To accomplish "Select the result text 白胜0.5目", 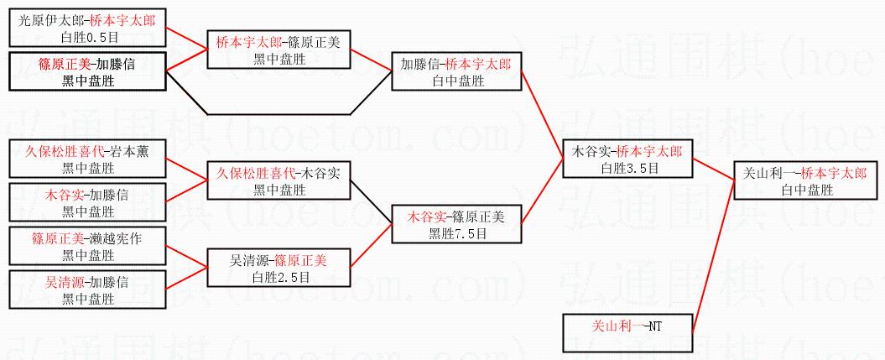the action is click(88, 36).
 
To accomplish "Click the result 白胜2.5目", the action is click(279, 276).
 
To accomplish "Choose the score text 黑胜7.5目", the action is click(458, 233).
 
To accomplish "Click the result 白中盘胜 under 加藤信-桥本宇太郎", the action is click(458, 81).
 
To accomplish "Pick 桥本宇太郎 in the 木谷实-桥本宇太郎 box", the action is click(648, 152).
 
